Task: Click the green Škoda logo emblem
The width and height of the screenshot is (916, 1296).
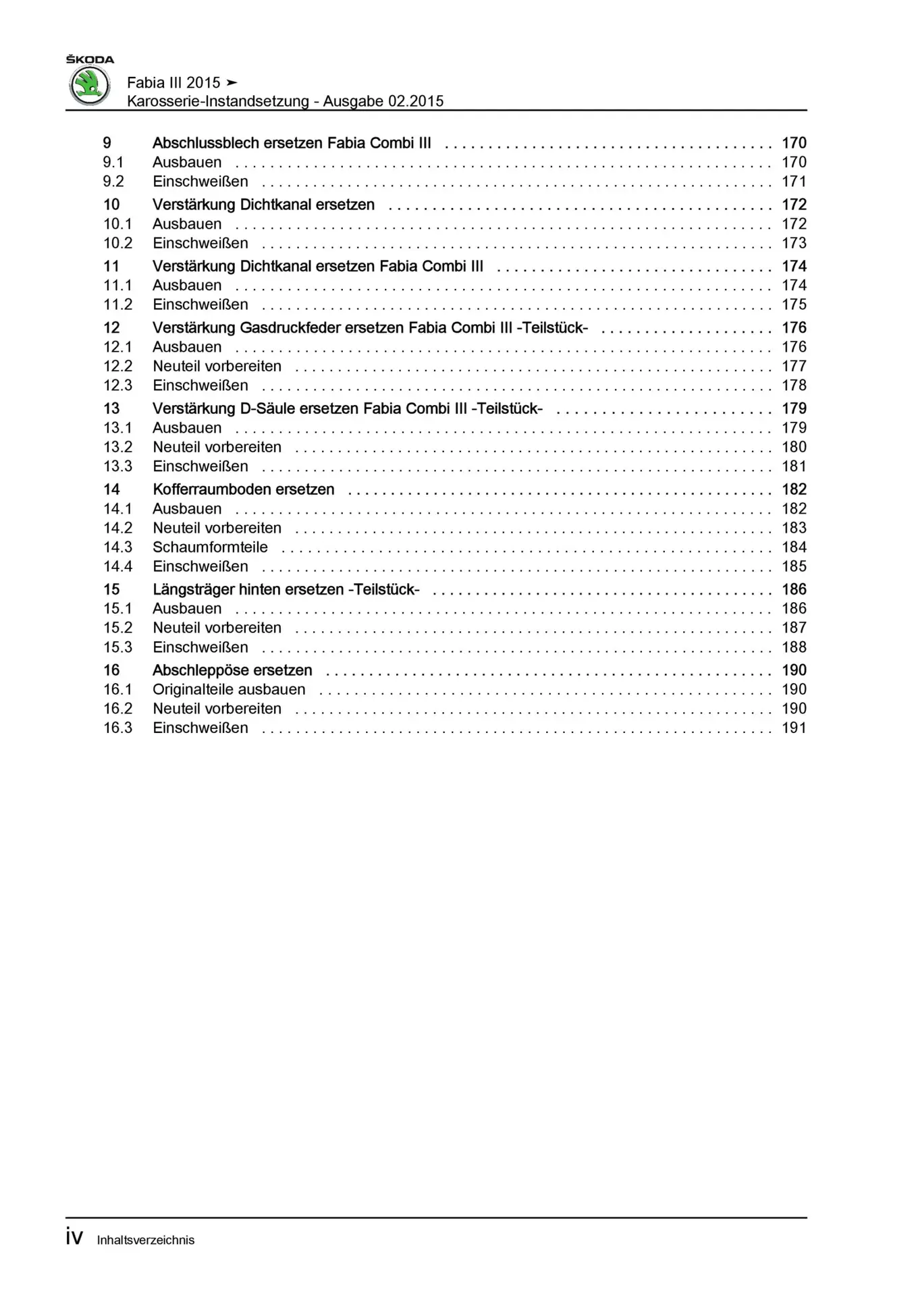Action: click(90, 86)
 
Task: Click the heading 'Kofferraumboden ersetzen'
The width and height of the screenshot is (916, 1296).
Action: click(243, 489)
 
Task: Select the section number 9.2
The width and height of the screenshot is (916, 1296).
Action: click(113, 182)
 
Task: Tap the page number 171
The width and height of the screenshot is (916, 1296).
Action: click(794, 182)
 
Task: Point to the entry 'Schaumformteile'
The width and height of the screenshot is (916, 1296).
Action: click(210, 547)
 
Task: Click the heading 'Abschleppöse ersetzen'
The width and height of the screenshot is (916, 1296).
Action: click(232, 670)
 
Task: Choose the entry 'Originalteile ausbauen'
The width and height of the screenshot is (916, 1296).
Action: click(229, 690)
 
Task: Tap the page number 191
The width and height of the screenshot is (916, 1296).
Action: click(794, 728)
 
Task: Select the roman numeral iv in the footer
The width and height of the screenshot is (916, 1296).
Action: click(74, 1237)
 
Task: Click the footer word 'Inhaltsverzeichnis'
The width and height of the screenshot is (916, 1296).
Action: click(146, 1240)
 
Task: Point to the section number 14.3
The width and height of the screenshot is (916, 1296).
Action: click(117, 547)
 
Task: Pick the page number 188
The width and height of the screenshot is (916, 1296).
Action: click(794, 647)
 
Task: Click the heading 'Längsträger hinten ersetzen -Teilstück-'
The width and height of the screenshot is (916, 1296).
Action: click(286, 590)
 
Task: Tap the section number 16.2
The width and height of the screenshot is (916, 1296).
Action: click(117, 709)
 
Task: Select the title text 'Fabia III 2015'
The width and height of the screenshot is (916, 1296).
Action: click(173, 82)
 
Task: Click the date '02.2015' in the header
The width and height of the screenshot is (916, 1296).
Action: click(416, 101)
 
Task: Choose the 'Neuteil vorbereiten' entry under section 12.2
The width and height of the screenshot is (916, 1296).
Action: click(217, 367)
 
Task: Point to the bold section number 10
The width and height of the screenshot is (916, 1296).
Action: click(111, 205)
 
